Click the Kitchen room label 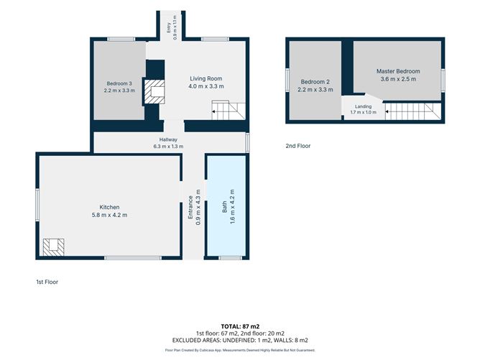(x=109, y=207)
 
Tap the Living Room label (x=206, y=78)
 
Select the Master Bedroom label (x=398, y=71)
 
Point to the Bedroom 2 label (x=315, y=82)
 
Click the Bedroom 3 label (x=119, y=83)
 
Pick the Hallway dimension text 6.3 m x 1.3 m (x=168, y=147)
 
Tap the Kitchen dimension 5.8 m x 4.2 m (x=109, y=215)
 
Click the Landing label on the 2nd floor (x=364, y=106)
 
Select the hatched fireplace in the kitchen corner (x=53, y=247)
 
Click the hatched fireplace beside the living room (x=154, y=91)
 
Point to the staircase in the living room (x=229, y=111)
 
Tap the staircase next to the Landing (x=412, y=111)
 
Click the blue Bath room (x=227, y=206)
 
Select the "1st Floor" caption (x=47, y=282)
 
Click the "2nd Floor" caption (x=298, y=146)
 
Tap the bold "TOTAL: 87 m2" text (x=240, y=326)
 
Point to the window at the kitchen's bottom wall (x=133, y=258)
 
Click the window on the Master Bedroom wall (x=443, y=80)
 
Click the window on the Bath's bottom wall (x=230, y=258)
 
